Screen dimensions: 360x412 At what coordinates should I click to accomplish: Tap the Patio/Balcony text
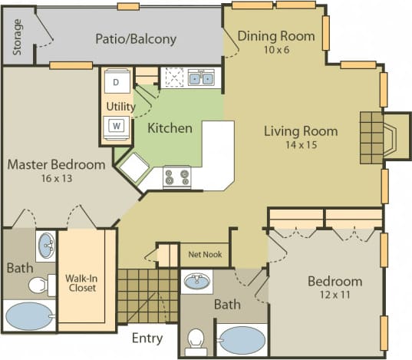click(x=136, y=38)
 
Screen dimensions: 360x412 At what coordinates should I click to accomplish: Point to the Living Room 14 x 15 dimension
click(x=290, y=144)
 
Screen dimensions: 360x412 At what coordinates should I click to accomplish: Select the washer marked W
click(x=117, y=125)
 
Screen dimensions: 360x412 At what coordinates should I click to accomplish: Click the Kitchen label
click(x=170, y=127)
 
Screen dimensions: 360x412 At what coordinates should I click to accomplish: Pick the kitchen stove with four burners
click(x=177, y=177)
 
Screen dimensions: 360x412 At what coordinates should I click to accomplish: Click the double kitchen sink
click(x=202, y=78)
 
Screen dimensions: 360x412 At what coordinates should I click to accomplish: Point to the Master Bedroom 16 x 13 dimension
click(x=56, y=179)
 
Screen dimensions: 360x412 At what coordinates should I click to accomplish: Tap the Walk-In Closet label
click(x=80, y=283)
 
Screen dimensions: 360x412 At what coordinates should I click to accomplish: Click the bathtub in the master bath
click(x=30, y=315)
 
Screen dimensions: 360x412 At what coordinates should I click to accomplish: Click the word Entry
click(x=147, y=338)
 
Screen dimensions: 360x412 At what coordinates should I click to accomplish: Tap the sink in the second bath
click(x=198, y=281)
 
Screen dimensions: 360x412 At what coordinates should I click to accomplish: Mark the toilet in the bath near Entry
click(x=198, y=339)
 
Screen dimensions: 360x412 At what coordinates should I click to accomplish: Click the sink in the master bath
click(x=45, y=247)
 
